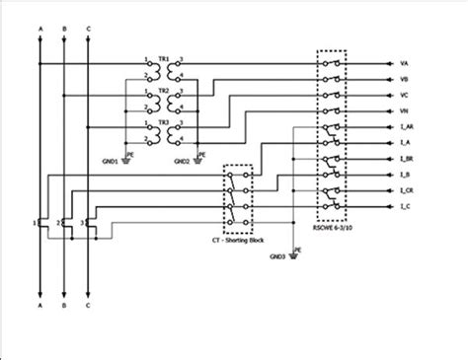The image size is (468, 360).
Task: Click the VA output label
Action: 405,64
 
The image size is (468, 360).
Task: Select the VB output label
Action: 405,80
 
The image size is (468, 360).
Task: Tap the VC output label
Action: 405,96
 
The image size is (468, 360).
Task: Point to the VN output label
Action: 405,111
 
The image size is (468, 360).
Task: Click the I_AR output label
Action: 407,128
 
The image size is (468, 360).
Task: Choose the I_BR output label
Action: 407,160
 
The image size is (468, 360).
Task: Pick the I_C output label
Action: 406,207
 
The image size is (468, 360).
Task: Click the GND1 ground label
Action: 110,161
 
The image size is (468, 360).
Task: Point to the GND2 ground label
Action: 182,161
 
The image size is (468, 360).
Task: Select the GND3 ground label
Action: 276,256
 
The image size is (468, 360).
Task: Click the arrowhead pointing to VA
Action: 388,64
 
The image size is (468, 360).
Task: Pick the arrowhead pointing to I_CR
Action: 388,191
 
